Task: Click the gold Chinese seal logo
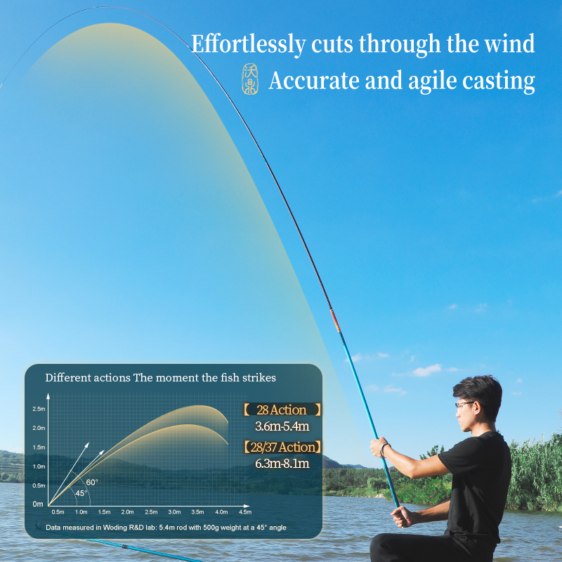(250, 79)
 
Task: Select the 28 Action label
(282, 410)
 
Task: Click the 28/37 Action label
(282, 447)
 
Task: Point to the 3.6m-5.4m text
(282, 426)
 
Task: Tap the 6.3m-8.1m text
(282, 464)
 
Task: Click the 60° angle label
(92, 483)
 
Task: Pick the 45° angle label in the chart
(81, 493)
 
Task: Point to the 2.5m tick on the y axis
(39, 409)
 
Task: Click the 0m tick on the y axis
(38, 504)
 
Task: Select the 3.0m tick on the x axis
(174, 512)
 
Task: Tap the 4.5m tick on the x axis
(245, 512)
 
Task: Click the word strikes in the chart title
(259, 378)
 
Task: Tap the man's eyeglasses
(464, 405)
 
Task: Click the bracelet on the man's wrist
(384, 450)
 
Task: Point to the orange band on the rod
(335, 321)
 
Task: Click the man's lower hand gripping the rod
(402, 516)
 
